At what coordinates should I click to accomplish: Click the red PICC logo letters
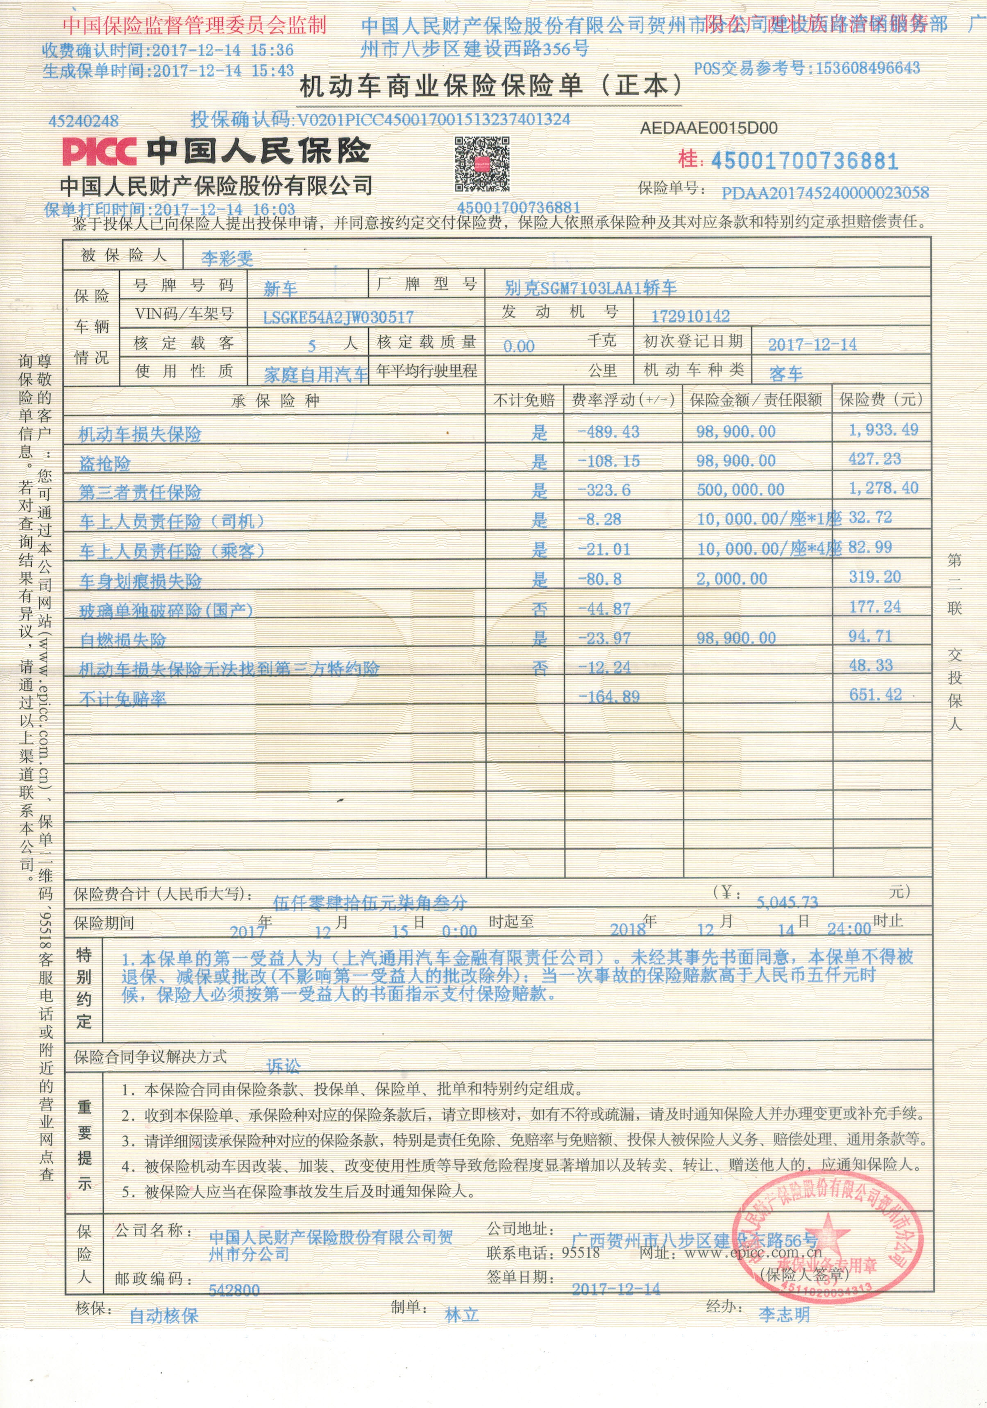(99, 151)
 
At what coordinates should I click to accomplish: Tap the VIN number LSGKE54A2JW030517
(338, 317)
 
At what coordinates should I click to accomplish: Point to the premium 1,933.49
(883, 430)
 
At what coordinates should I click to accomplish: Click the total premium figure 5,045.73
(787, 902)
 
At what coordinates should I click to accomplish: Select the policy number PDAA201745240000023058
(824, 193)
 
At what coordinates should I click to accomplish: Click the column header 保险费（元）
(880, 400)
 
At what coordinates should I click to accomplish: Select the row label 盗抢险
(105, 463)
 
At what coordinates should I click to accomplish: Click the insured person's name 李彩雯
(227, 258)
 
